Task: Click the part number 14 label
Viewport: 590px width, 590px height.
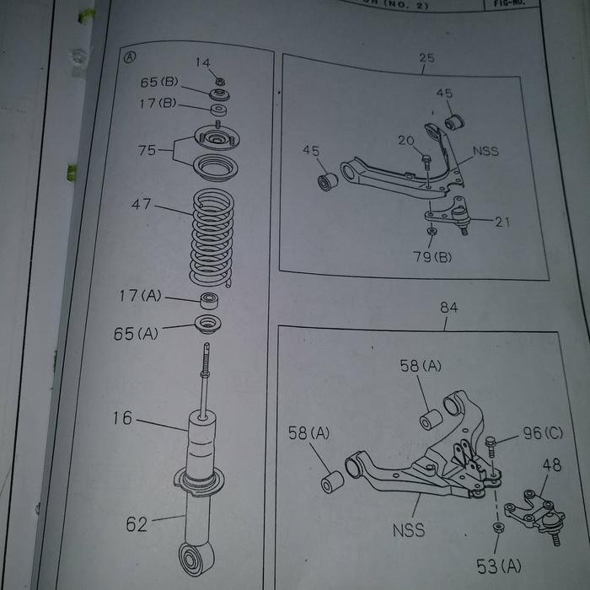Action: pyautogui.click(x=203, y=62)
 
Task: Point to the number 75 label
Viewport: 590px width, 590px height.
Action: pyautogui.click(x=147, y=151)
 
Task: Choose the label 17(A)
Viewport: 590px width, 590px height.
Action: pyautogui.click(x=140, y=296)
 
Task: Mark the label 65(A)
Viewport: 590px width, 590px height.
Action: pyautogui.click(x=136, y=333)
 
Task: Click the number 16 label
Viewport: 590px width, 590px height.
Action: pyautogui.click(x=122, y=418)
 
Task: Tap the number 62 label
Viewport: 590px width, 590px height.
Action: pyautogui.click(x=137, y=523)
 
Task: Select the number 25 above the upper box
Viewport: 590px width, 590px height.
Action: pyautogui.click(x=426, y=58)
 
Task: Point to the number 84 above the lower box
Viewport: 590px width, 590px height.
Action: pyautogui.click(x=449, y=308)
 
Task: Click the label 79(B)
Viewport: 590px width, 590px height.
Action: pyautogui.click(x=432, y=256)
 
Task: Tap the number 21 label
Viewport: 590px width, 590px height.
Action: pyautogui.click(x=502, y=222)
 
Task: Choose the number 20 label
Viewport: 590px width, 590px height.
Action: pyautogui.click(x=406, y=141)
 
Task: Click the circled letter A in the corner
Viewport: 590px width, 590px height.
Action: pyautogui.click(x=130, y=57)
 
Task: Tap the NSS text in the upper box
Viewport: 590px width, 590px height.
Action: pyautogui.click(x=485, y=152)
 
